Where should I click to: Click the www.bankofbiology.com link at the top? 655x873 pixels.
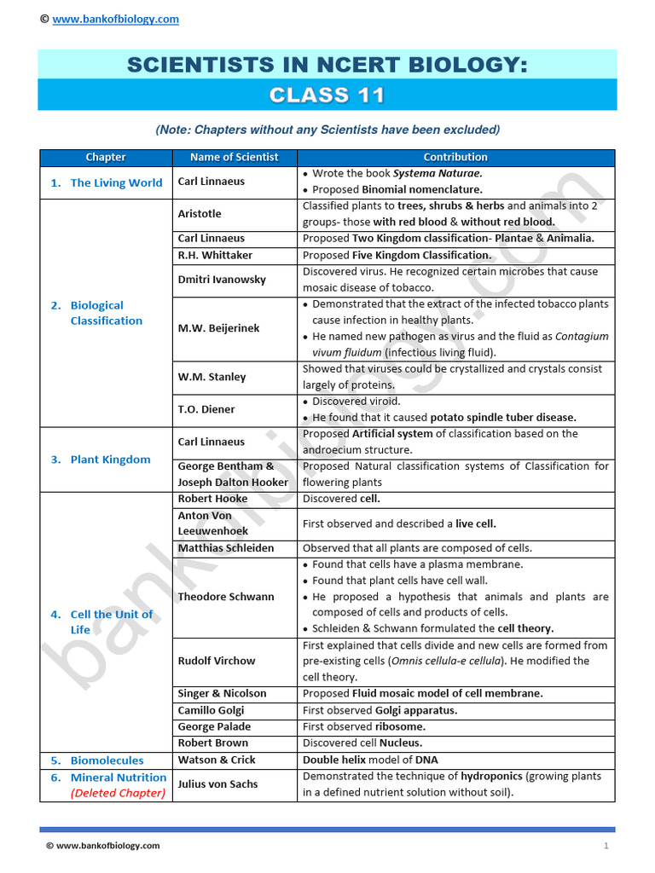pos(116,20)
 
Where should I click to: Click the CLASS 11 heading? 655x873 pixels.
pos(327,95)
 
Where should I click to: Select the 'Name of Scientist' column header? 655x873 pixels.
pos(234,157)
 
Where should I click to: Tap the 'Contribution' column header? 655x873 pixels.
pos(455,157)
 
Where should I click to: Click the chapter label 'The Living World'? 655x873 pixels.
pos(116,182)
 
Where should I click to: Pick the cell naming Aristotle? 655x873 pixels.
pos(200,214)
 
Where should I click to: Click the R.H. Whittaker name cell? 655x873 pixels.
pos(215,255)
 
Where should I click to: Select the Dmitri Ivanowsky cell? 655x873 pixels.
pos(222,280)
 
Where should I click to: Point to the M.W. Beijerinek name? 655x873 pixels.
pos(218,328)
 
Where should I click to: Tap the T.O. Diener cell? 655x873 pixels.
pos(206,409)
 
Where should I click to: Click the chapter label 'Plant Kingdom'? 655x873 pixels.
pos(110,460)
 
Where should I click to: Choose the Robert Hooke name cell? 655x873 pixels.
pos(212,499)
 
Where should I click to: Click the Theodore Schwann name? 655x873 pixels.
pos(226,597)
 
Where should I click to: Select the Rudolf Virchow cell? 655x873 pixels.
pos(217,661)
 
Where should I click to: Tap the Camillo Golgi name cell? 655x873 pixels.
pos(211,710)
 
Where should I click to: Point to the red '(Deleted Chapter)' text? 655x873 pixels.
pos(118,793)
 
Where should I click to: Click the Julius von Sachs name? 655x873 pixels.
pos(217,784)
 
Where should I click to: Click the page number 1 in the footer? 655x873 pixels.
pos(606,846)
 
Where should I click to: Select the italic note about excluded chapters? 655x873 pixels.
pos(327,130)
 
